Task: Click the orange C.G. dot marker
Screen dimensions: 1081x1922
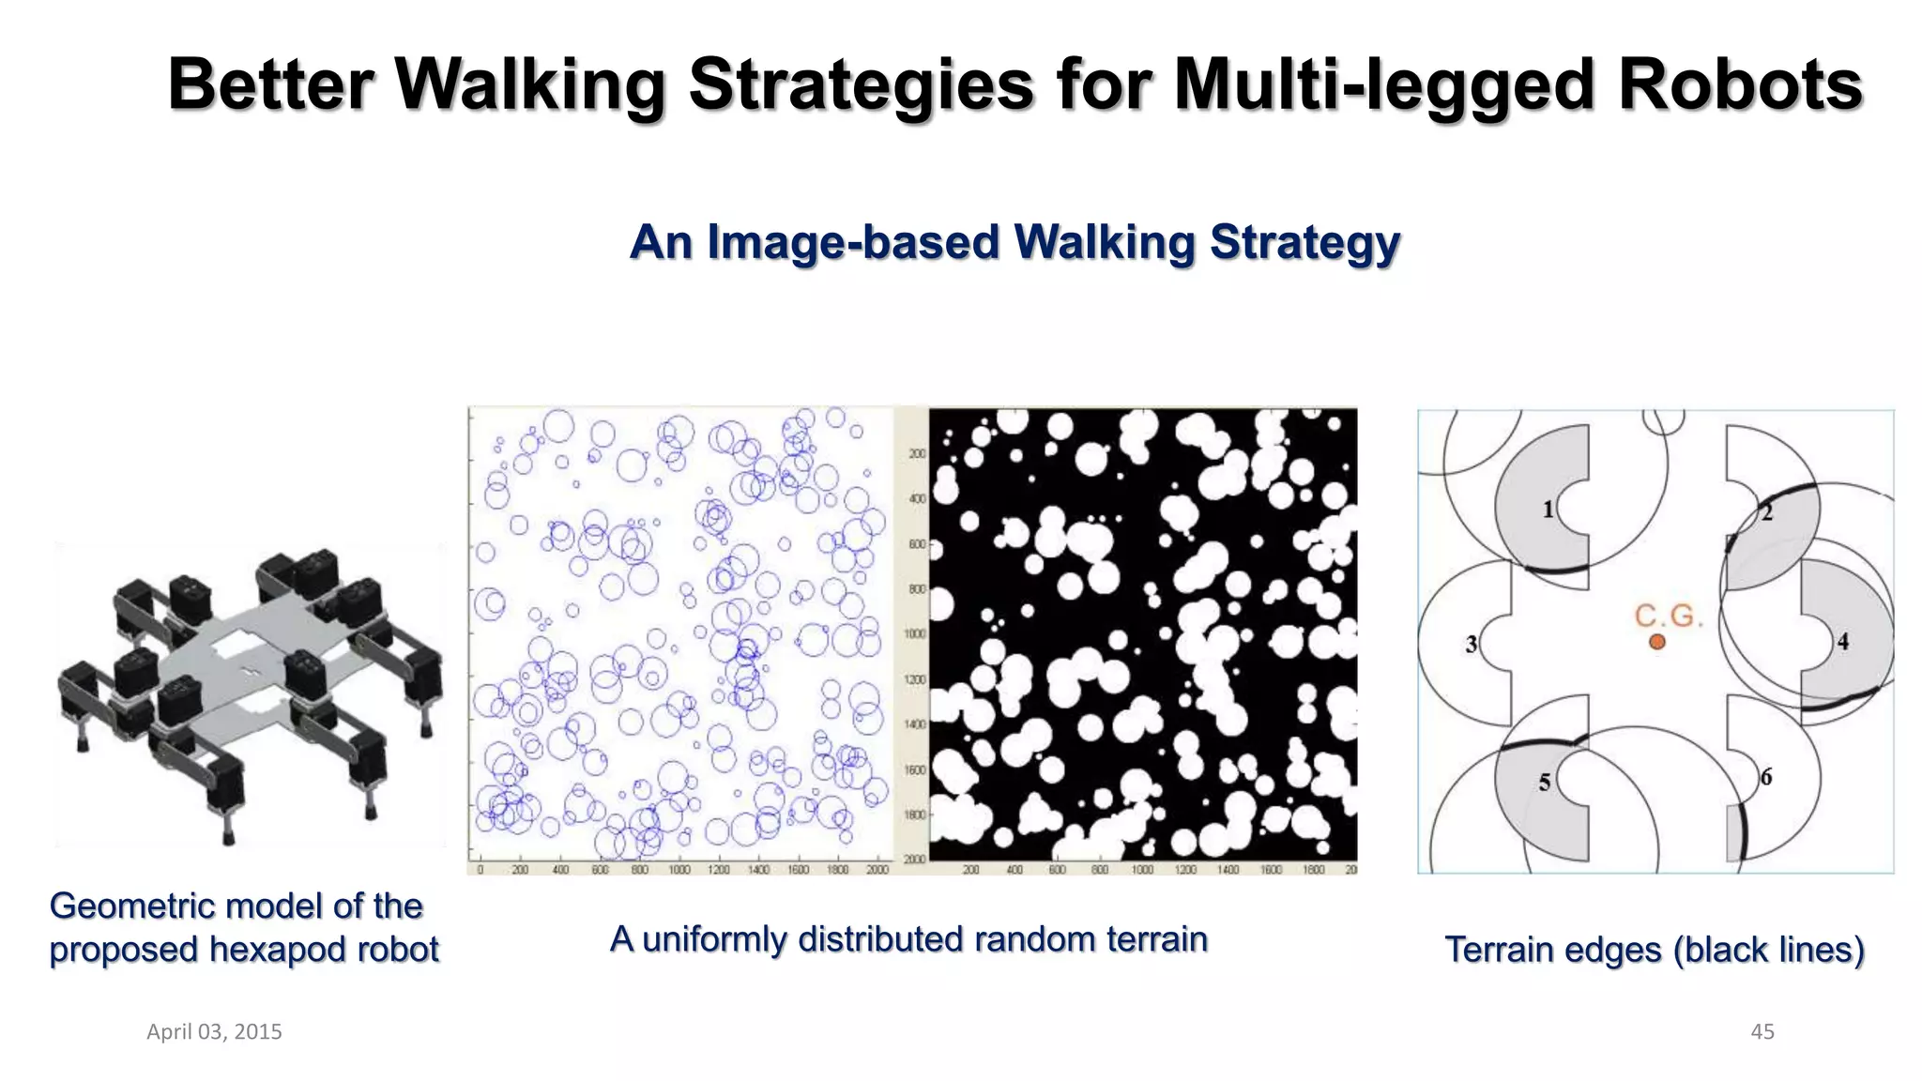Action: coord(1657,642)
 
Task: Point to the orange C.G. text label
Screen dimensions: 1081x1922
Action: coord(1668,616)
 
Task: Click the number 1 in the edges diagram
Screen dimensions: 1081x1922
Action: coord(1548,510)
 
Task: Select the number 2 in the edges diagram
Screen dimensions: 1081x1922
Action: coord(1766,513)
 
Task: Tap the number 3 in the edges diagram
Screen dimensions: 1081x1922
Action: coord(1472,644)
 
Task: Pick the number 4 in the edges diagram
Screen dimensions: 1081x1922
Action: coord(1843,641)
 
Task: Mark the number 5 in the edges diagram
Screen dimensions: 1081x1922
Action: coord(1545,782)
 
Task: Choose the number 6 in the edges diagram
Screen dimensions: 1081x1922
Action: coord(1765,777)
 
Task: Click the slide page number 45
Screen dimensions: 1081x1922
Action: coord(1762,1031)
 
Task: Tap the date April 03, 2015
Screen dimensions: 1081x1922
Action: coord(214,1031)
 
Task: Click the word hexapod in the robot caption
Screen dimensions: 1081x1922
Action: coord(270,950)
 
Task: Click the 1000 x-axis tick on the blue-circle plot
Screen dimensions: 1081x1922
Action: coord(679,870)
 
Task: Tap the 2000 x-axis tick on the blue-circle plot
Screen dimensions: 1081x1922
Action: coord(877,870)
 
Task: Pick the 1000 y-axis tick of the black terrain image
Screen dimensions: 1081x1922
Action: coord(914,634)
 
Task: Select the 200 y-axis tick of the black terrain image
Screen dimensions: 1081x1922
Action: coord(917,454)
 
